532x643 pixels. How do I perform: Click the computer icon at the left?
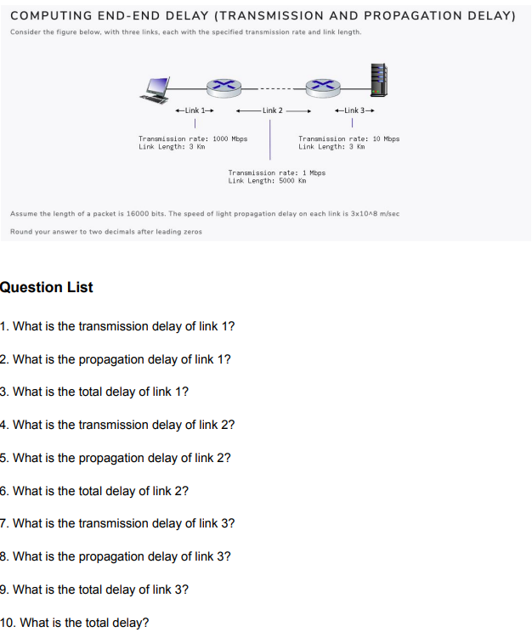(156, 88)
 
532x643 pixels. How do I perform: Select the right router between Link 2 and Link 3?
(323, 85)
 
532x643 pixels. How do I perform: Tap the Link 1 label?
(192, 110)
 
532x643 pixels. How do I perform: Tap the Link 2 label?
(272, 110)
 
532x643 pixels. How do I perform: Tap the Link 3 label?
(354, 110)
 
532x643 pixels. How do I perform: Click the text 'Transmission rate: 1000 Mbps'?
(193, 138)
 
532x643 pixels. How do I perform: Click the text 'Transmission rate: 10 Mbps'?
(348, 138)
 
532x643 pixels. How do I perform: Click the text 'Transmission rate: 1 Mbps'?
(276, 172)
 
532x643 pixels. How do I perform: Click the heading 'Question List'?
(47, 287)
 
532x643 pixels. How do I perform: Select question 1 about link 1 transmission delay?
(118, 326)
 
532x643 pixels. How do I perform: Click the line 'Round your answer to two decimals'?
(106, 231)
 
